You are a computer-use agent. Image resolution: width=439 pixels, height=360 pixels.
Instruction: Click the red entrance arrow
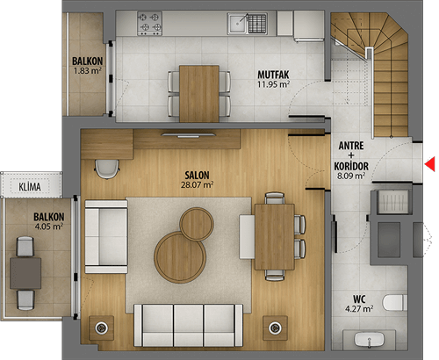430,164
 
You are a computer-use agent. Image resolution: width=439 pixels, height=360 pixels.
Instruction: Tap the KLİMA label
30,187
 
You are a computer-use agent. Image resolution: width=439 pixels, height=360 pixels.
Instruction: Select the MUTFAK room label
273,75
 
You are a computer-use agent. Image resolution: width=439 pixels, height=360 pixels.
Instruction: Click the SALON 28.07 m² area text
197,185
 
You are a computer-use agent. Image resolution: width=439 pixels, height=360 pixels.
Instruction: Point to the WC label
359,299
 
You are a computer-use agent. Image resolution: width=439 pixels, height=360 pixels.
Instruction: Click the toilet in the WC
395,303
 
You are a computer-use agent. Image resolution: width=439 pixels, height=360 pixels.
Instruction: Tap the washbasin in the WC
369,340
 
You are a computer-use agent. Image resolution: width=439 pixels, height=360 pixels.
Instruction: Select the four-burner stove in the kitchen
149,24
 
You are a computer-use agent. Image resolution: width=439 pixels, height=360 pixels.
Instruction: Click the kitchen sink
248,23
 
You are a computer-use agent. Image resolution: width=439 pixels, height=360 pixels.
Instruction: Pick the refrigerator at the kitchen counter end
309,25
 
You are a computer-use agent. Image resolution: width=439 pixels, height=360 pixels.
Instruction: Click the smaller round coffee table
197,224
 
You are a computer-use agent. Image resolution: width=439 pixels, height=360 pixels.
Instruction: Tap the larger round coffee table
180,257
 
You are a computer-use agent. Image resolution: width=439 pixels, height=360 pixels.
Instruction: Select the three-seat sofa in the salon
188,325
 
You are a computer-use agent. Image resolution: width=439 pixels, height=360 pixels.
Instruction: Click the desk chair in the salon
107,169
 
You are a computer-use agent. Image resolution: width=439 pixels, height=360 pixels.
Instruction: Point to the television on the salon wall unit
189,135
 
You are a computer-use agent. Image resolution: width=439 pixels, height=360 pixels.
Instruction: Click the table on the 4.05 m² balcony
25,273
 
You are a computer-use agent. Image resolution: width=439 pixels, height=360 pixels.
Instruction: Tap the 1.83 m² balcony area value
88,70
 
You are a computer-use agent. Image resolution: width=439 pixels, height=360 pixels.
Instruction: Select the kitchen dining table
199,94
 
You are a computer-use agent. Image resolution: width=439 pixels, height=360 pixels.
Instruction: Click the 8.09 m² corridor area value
351,176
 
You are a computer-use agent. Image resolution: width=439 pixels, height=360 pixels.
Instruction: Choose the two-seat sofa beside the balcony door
106,237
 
